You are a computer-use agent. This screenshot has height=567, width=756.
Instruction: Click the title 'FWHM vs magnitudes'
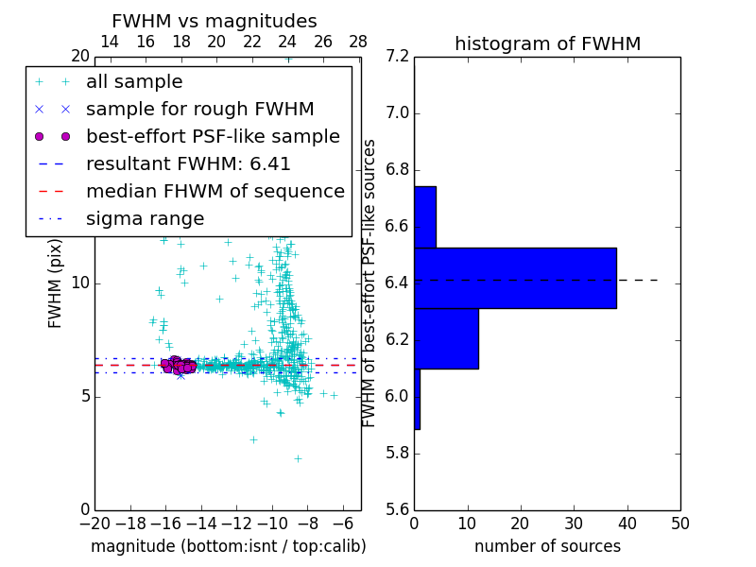(215, 22)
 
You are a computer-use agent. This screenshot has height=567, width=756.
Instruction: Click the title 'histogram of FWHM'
(547, 44)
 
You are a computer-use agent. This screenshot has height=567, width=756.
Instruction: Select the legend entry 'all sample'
(134, 82)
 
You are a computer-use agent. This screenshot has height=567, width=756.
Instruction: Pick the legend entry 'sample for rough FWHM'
(199, 109)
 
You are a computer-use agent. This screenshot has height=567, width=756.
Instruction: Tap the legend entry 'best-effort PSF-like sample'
(213, 136)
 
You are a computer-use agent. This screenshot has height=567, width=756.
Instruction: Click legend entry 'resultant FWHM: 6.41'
(188, 163)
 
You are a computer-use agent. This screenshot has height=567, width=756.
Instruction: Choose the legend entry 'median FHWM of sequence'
(215, 191)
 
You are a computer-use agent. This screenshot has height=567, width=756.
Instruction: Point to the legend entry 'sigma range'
(145, 219)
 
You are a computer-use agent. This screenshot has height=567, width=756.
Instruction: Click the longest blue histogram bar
(515, 278)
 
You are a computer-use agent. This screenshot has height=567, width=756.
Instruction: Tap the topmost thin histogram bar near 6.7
(424, 216)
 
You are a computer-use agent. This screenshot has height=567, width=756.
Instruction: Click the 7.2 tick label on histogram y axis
(398, 57)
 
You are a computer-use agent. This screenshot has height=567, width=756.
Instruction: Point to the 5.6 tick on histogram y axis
(398, 509)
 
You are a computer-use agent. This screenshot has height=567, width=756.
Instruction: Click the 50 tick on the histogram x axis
(680, 524)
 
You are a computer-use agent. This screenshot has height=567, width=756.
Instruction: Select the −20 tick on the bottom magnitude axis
(94, 524)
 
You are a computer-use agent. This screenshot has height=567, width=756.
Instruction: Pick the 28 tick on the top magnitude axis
(358, 42)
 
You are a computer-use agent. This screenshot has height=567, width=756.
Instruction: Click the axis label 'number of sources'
(547, 546)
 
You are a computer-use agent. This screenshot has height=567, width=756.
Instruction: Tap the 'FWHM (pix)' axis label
(56, 283)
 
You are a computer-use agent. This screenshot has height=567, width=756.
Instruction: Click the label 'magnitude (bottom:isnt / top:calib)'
(228, 546)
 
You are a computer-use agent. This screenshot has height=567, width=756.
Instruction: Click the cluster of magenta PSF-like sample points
(178, 364)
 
